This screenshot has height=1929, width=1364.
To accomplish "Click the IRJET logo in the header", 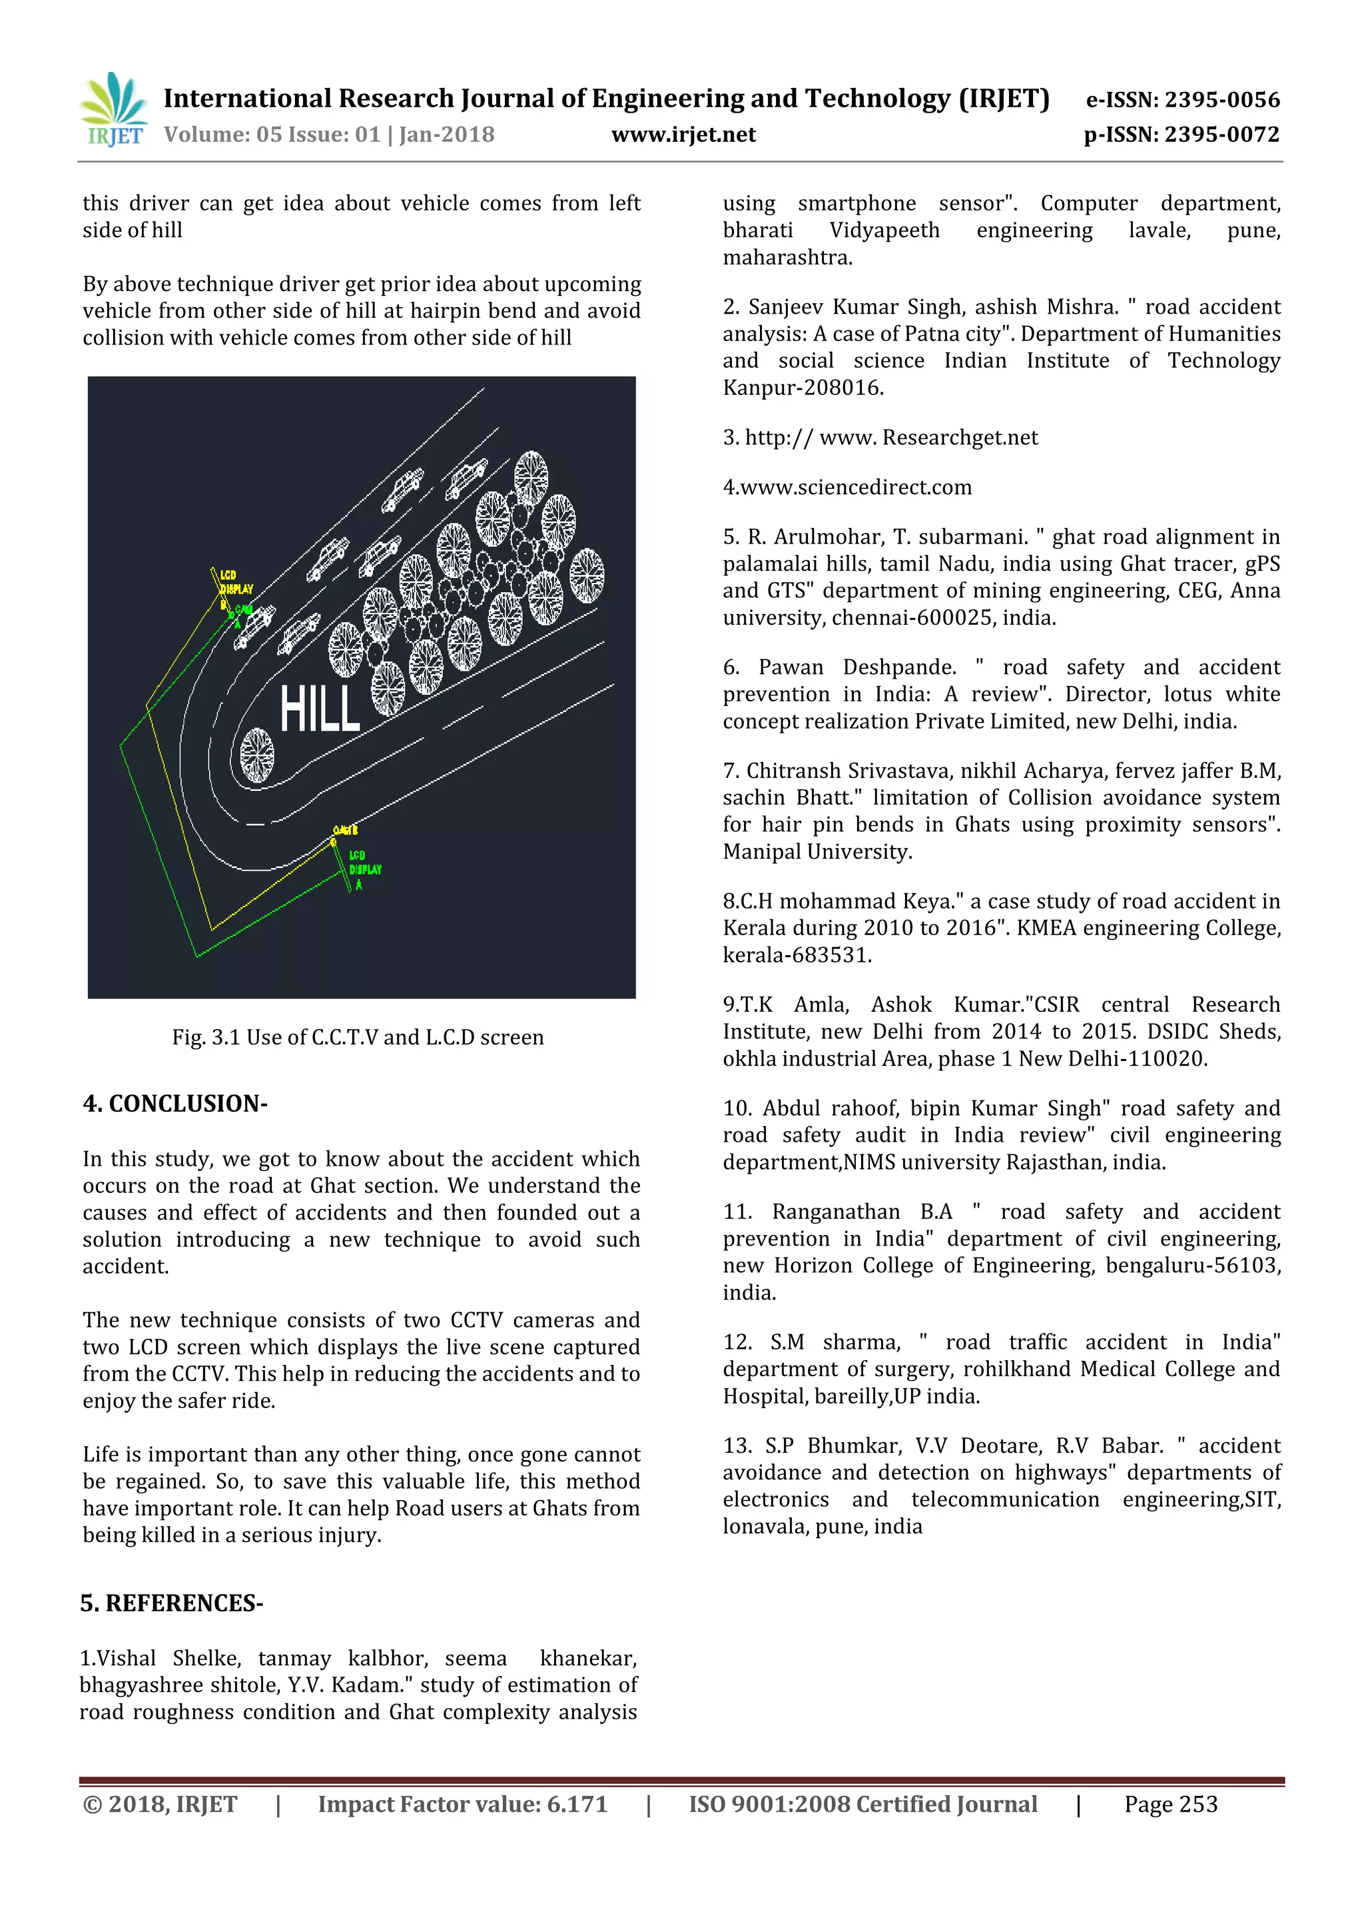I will [x=113, y=110].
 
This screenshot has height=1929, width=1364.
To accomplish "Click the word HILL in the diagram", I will [x=319, y=708].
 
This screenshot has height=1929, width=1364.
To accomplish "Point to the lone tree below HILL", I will [x=257, y=755].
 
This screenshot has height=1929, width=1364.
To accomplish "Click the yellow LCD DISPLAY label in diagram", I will [x=235, y=582].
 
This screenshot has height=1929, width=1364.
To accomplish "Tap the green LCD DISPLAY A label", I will [x=364, y=869].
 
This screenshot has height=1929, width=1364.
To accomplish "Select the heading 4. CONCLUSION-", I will [x=174, y=1103].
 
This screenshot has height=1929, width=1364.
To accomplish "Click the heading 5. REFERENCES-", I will [x=171, y=1603].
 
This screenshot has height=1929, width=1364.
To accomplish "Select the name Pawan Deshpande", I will [x=856, y=667].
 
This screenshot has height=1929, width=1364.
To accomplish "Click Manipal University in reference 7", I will [x=817, y=852].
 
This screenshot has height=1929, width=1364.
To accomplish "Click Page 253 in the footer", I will [x=1170, y=1804].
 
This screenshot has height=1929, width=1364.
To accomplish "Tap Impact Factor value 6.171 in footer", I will [x=462, y=1804].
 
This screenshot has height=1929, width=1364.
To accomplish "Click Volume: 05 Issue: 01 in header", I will [x=270, y=135].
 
